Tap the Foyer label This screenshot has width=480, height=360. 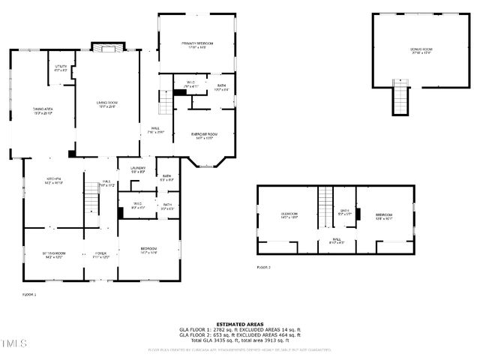[x=100, y=256]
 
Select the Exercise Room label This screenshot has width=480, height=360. [x=202, y=136]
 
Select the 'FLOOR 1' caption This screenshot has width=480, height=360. [x=29, y=295]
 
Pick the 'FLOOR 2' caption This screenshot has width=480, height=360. [x=263, y=267]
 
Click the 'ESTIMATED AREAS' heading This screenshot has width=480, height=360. [x=239, y=325]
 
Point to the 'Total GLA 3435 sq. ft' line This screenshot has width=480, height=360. [x=239, y=340]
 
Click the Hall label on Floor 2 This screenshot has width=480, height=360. [x=336, y=241]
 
